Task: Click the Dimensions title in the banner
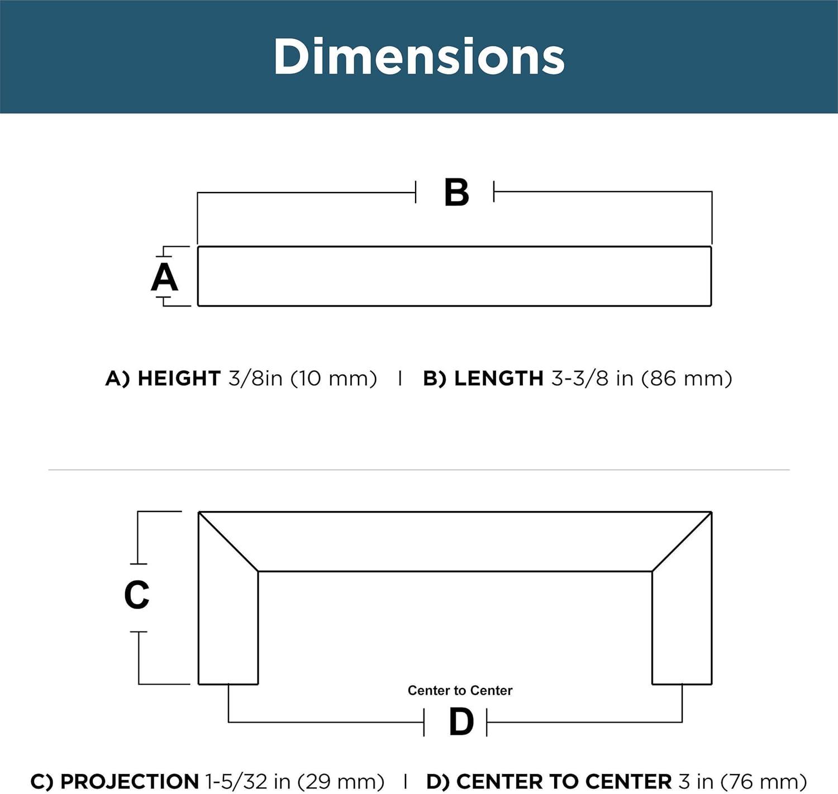419,56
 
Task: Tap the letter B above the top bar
456,192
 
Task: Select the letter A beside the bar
165,277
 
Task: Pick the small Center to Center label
460,690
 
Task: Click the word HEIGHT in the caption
179,378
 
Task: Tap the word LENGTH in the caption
499,378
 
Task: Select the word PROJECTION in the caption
130,781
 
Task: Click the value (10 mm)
334,379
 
